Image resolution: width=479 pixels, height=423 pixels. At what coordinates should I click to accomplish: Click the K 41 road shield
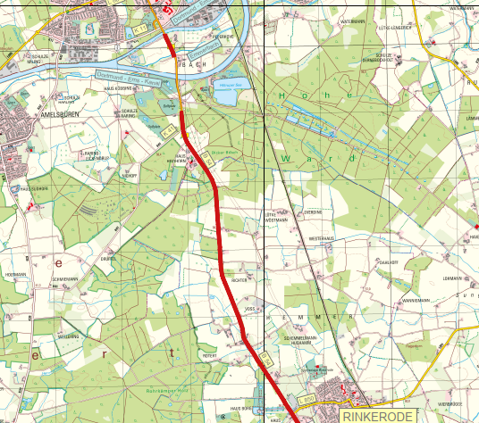click(168, 131)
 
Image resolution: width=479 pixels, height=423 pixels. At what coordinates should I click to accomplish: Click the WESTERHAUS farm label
click(320, 239)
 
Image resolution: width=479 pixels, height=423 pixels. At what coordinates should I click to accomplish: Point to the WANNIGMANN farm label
click(416, 301)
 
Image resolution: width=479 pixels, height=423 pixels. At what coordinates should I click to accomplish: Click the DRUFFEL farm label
click(108, 258)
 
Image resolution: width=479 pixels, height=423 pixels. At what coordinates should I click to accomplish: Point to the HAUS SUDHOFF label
click(33, 189)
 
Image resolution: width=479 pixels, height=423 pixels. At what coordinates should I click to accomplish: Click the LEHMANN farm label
click(450, 278)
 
